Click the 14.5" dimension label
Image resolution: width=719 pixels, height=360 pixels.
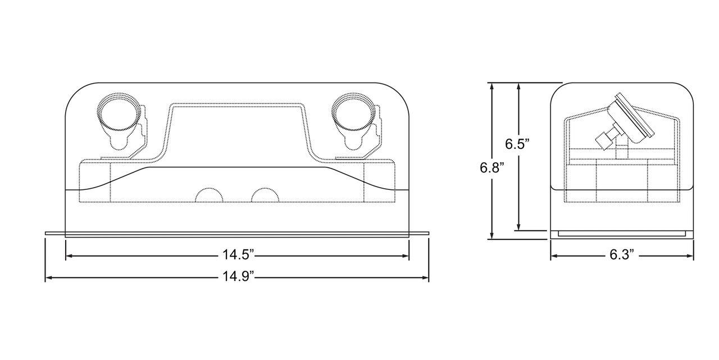(238, 255)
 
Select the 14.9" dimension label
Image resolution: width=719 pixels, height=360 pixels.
(238, 276)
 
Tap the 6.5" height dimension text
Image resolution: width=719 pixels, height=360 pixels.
(517, 144)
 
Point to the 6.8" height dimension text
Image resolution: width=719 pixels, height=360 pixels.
(492, 168)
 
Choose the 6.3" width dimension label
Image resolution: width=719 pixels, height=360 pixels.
(622, 255)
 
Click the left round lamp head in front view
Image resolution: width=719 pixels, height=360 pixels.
(119, 112)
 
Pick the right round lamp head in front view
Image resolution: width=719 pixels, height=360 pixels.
(354, 112)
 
